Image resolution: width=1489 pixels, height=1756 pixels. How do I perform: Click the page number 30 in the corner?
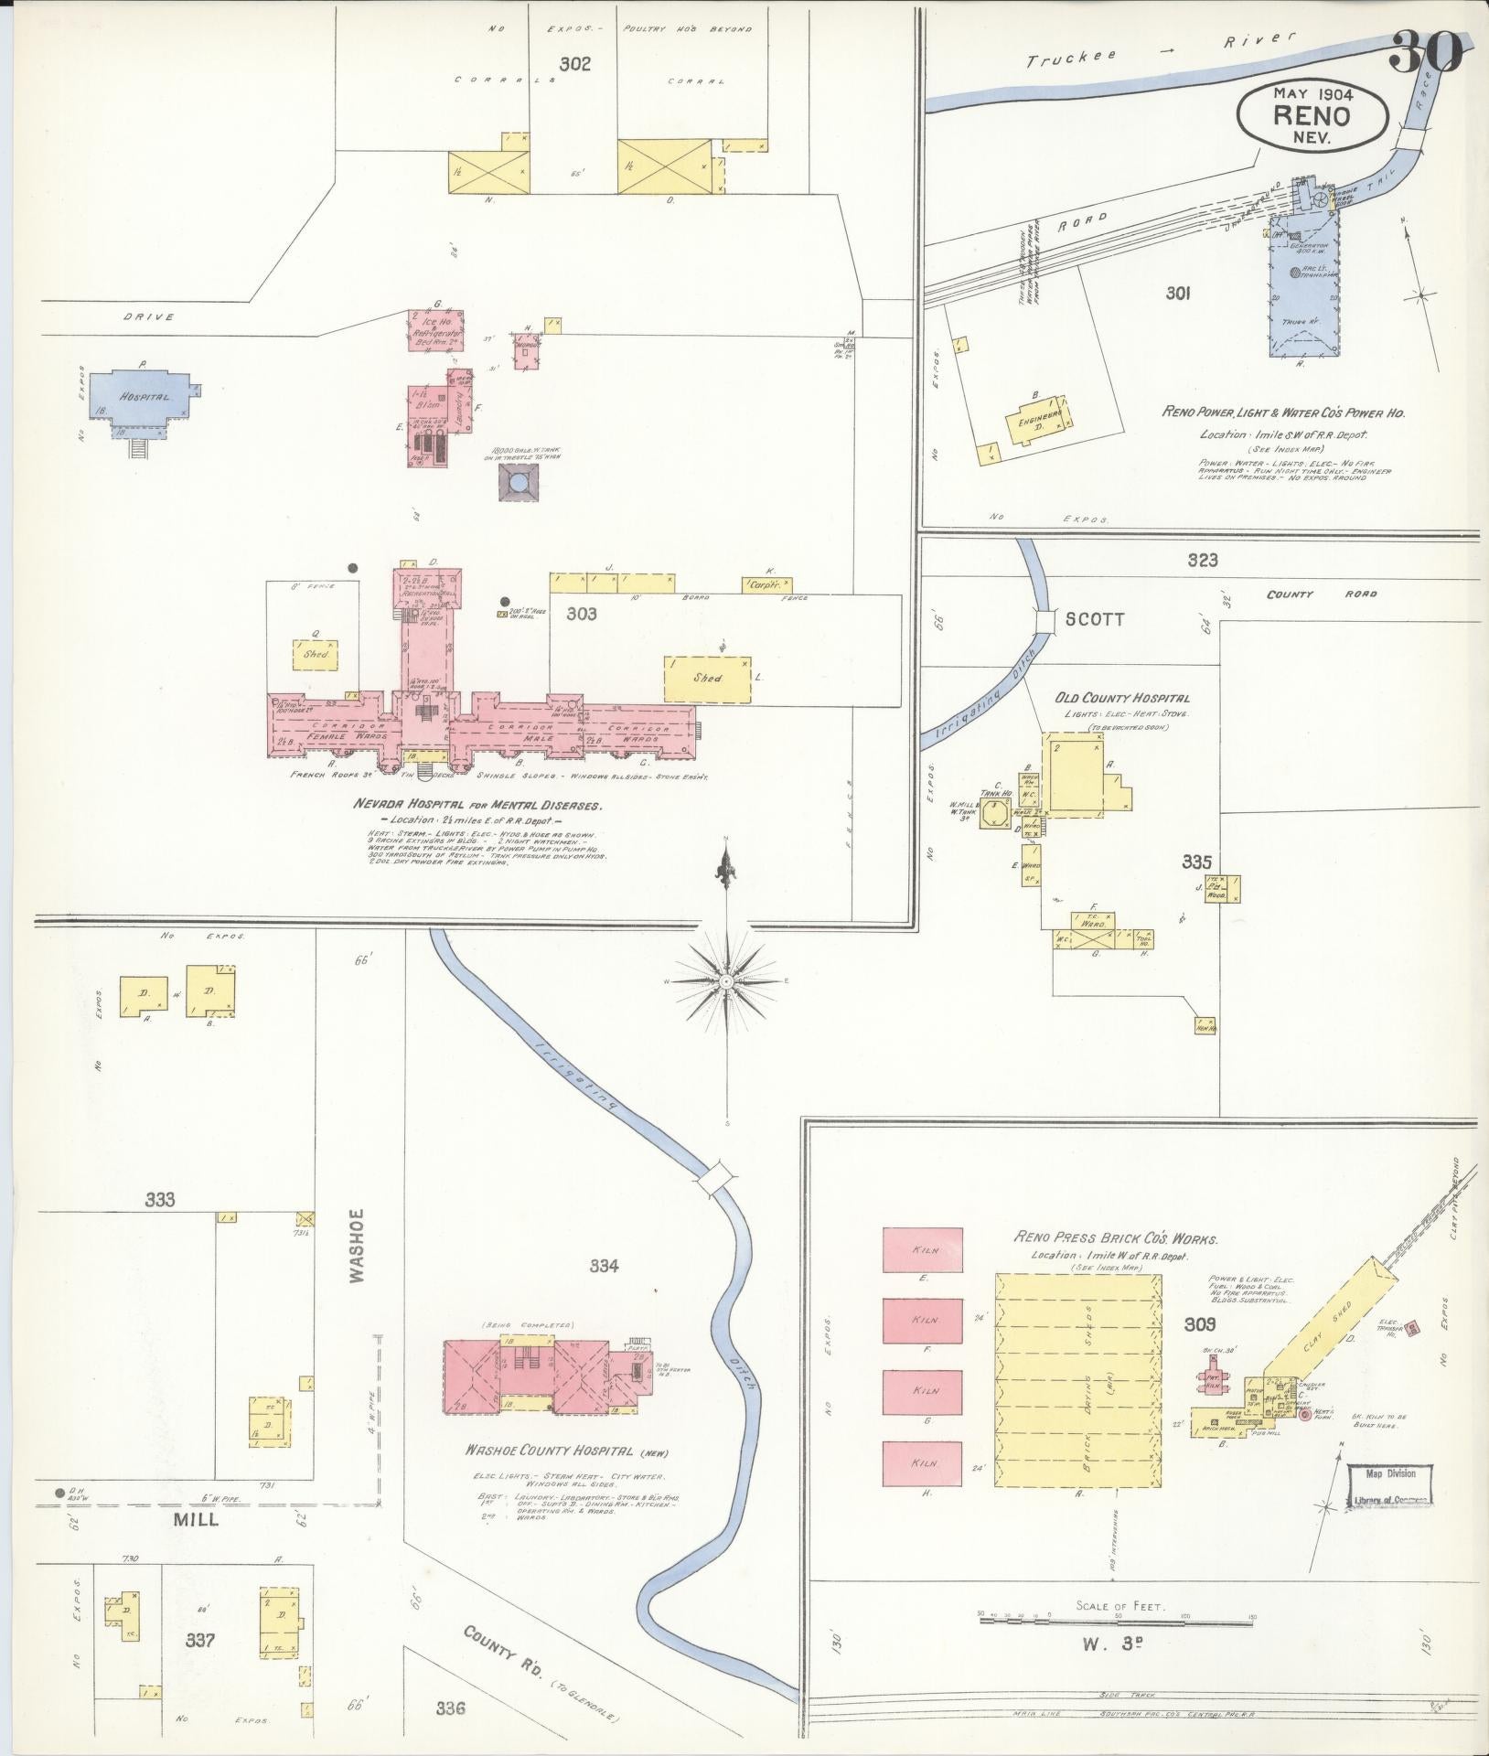point(1426,52)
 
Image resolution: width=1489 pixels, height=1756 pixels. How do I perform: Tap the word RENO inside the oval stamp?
point(1312,116)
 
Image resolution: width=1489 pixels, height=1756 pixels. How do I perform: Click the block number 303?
point(581,614)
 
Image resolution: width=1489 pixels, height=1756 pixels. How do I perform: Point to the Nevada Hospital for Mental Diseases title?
point(478,806)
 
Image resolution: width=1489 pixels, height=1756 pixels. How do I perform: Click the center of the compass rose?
point(725,981)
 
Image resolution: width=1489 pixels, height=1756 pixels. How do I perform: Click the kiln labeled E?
point(923,1249)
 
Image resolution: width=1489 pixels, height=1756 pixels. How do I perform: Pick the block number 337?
point(199,1640)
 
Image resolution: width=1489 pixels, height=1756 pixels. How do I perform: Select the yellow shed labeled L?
point(709,678)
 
